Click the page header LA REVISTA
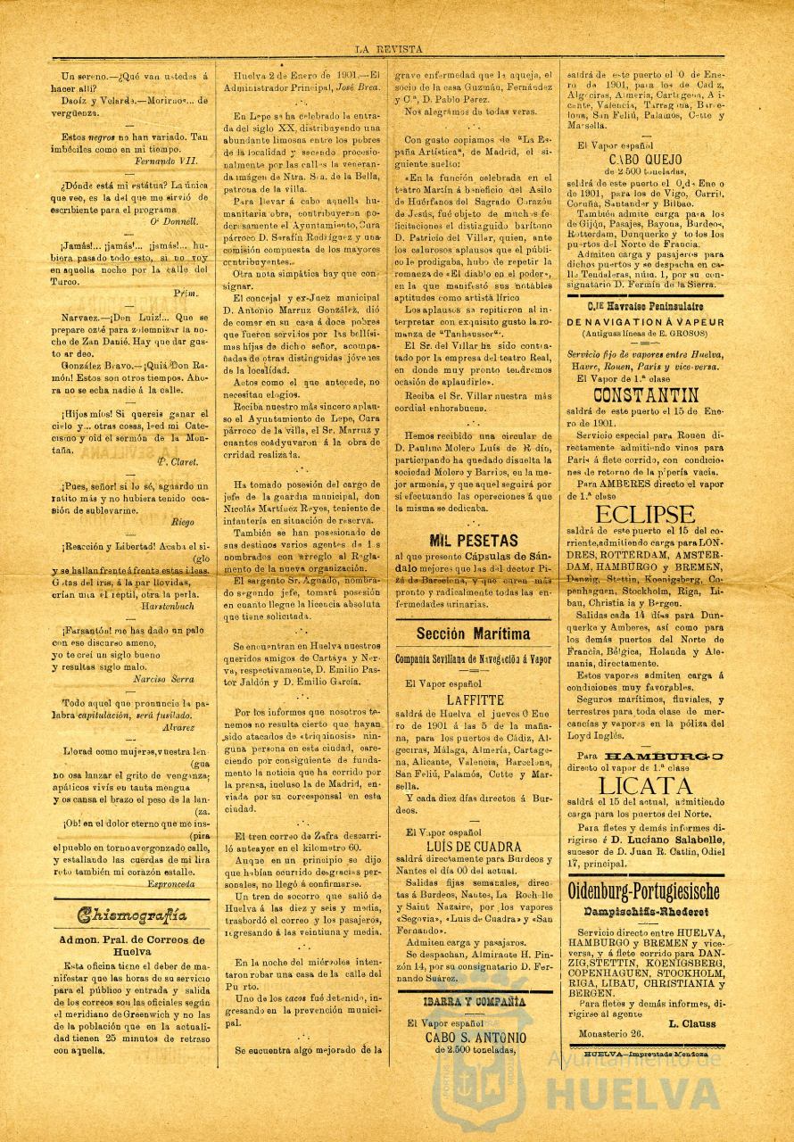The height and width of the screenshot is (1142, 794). click(x=388, y=50)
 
